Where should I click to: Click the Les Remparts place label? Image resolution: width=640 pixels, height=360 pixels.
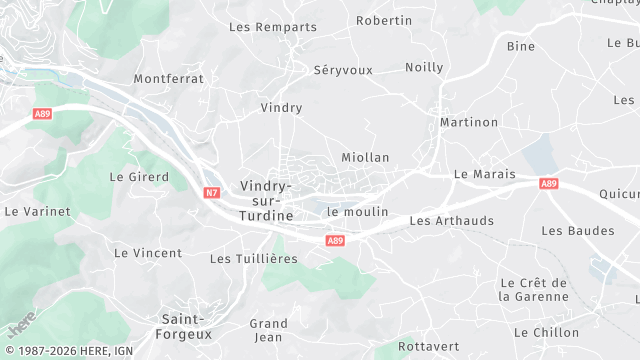[273, 27]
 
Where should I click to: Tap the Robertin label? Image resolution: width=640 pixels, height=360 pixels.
[384, 20]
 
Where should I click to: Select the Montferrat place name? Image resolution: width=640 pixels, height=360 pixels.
[169, 78]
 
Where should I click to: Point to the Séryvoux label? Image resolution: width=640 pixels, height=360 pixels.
[342, 70]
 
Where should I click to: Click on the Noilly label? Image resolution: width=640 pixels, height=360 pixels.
[424, 67]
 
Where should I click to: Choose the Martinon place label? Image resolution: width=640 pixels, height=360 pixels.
[469, 122]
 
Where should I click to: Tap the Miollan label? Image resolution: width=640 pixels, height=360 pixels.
[365, 157]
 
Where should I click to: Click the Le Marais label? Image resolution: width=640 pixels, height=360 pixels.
[484, 173]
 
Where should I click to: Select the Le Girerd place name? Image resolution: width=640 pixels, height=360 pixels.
[139, 177]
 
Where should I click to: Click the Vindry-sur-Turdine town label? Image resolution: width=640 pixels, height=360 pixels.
[266, 201]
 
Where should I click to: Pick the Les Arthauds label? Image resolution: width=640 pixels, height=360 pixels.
[452, 220]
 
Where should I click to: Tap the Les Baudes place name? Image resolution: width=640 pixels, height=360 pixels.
[578, 231]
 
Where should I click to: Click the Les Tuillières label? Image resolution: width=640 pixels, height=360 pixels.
[254, 259]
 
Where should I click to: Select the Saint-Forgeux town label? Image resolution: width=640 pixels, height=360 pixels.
[186, 326]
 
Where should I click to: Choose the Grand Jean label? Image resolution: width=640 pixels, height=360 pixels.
[268, 330]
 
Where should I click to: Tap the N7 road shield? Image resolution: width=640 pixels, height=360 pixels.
[212, 192]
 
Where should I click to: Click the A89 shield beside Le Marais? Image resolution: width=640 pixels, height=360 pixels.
[548, 184]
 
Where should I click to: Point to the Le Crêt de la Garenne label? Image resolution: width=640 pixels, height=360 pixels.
[533, 290]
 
